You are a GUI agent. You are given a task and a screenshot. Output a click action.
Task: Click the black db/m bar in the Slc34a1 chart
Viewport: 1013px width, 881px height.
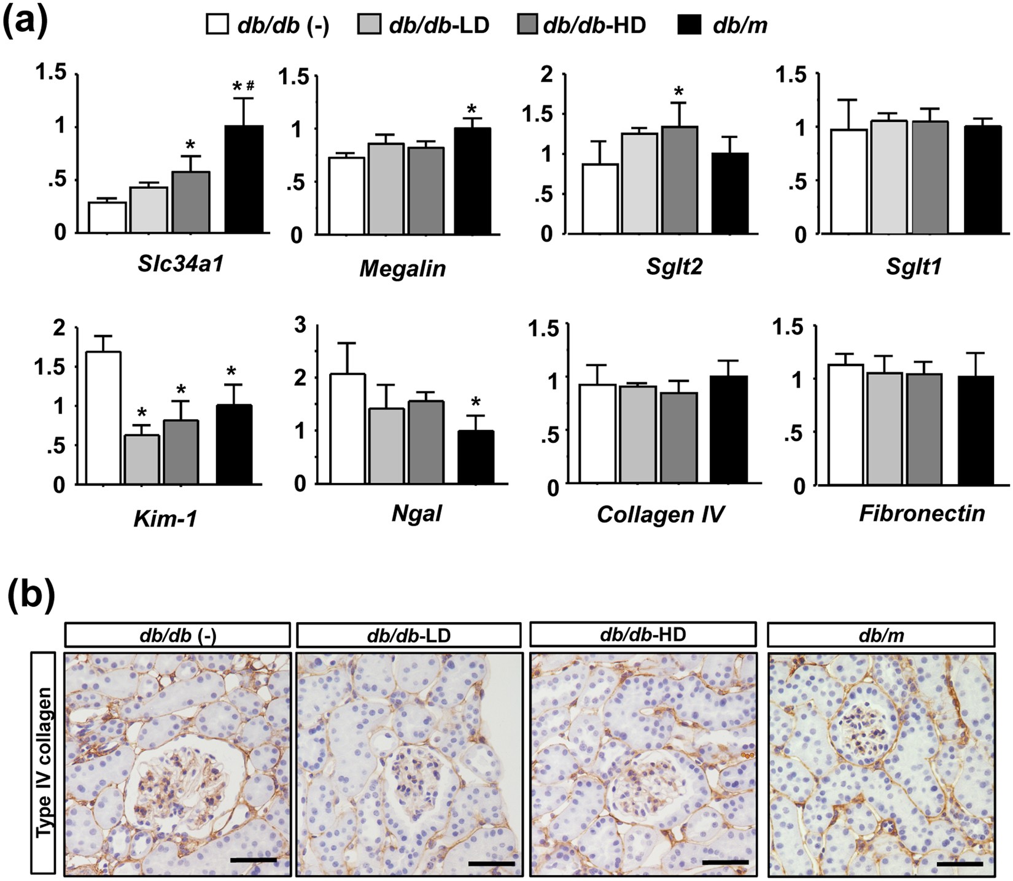coord(244,179)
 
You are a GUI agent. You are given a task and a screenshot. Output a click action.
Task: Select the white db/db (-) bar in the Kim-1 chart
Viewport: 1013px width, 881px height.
coord(103,417)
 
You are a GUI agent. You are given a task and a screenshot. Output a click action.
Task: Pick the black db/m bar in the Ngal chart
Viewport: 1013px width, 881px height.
coord(475,456)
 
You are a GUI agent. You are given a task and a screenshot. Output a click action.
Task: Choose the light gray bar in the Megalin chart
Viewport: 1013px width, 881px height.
coord(386,188)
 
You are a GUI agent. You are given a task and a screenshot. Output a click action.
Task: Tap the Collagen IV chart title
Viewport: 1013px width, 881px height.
coord(660,514)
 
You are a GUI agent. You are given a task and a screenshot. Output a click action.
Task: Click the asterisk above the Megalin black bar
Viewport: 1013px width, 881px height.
coord(471,109)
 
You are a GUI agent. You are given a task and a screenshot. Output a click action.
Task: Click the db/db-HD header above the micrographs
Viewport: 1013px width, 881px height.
coord(642,634)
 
